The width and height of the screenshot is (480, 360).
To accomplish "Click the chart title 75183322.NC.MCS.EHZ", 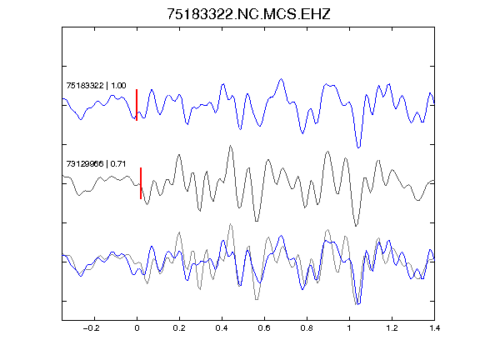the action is pos(248,14).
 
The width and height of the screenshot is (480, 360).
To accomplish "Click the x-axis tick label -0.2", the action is pos(91,328).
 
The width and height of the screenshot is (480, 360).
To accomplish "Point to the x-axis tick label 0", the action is pos(137,328).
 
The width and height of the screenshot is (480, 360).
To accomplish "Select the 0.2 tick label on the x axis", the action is pos(179,328).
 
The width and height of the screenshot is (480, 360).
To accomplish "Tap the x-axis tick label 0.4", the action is pos(222,328).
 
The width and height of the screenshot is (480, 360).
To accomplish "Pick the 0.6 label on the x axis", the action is pos(264,328).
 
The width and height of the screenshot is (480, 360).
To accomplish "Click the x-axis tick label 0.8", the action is pos(307,328).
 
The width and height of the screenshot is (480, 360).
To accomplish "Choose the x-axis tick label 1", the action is pos(349,328).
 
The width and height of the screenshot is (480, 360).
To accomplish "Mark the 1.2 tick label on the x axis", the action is pos(392,328).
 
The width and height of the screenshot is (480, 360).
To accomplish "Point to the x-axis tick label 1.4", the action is pos(434,328).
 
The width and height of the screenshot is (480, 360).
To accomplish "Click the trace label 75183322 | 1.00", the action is pos(96,86).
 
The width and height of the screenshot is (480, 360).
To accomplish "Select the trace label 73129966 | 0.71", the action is pos(96,164).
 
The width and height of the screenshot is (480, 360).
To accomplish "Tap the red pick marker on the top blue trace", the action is pos(137,105).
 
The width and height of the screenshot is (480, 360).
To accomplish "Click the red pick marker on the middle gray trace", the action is pos(141,183).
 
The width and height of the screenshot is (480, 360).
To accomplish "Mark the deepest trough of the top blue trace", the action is pos(359,147).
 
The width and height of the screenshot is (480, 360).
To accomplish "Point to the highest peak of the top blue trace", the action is pos(281,79).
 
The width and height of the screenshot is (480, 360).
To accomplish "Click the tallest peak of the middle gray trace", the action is pos(231,146).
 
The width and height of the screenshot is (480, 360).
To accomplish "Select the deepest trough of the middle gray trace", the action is pos(356,226).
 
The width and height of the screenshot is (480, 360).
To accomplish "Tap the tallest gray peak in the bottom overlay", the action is pos(231,224).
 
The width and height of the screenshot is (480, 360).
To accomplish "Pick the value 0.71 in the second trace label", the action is pos(118,164).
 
